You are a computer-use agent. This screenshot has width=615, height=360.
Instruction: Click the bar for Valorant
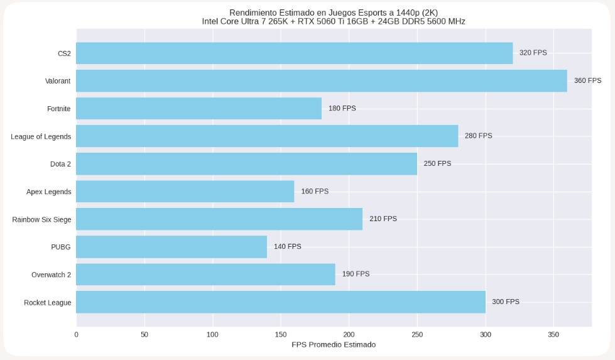coord(321,81)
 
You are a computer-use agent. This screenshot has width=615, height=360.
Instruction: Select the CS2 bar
coord(294,53)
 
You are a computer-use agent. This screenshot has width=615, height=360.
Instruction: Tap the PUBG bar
coord(171,247)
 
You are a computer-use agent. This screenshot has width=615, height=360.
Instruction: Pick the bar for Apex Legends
coord(185,192)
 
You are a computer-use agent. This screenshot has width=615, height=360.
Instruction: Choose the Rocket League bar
coord(280,302)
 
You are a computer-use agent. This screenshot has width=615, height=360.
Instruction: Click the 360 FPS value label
coord(587,81)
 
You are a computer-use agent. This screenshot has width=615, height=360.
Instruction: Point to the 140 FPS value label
coord(287,247)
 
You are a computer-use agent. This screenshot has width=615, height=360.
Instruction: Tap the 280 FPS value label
coord(478,136)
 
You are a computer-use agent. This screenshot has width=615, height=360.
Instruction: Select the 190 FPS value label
coord(356,275)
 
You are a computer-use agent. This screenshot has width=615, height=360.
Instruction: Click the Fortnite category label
coord(58,109)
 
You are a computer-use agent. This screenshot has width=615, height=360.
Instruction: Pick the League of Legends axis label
coord(41,136)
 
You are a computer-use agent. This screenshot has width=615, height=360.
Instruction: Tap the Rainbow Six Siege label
coord(41,219)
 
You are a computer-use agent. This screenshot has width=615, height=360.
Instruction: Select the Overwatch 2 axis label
coord(51,275)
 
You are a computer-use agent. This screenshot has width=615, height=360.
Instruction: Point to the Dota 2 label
coord(60,164)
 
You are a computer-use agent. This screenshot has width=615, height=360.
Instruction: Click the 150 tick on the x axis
coord(281,335)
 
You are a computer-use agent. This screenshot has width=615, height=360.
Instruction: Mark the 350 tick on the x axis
coord(553,335)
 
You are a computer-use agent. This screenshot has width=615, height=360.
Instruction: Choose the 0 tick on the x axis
coord(77,335)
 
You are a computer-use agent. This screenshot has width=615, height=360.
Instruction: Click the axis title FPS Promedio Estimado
coord(334,345)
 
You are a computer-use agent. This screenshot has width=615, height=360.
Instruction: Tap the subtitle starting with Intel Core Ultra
coord(334,21)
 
